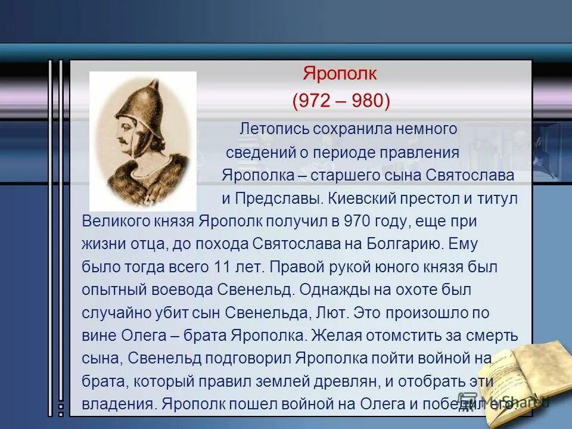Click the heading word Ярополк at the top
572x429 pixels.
pos(340,74)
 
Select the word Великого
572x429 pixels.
pos(117,221)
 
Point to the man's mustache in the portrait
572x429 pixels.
pos(123,139)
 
